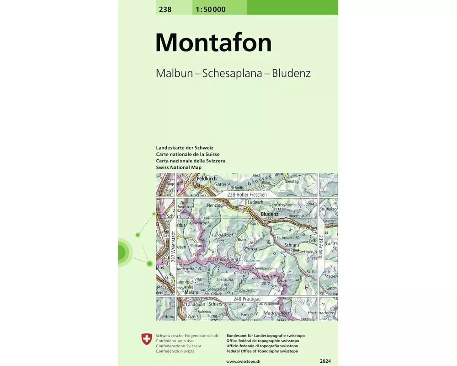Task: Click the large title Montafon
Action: coord(213,43)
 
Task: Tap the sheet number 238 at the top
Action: coord(165,9)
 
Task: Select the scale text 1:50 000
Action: coord(210,9)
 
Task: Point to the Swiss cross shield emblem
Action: coord(146,339)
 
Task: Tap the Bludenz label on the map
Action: coord(270,214)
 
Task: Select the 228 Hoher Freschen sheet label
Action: coord(247,194)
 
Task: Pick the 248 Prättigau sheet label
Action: coord(250,299)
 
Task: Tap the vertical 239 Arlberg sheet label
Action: coord(321,247)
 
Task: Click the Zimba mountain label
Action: coord(250,248)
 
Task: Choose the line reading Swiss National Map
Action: coord(179,167)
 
